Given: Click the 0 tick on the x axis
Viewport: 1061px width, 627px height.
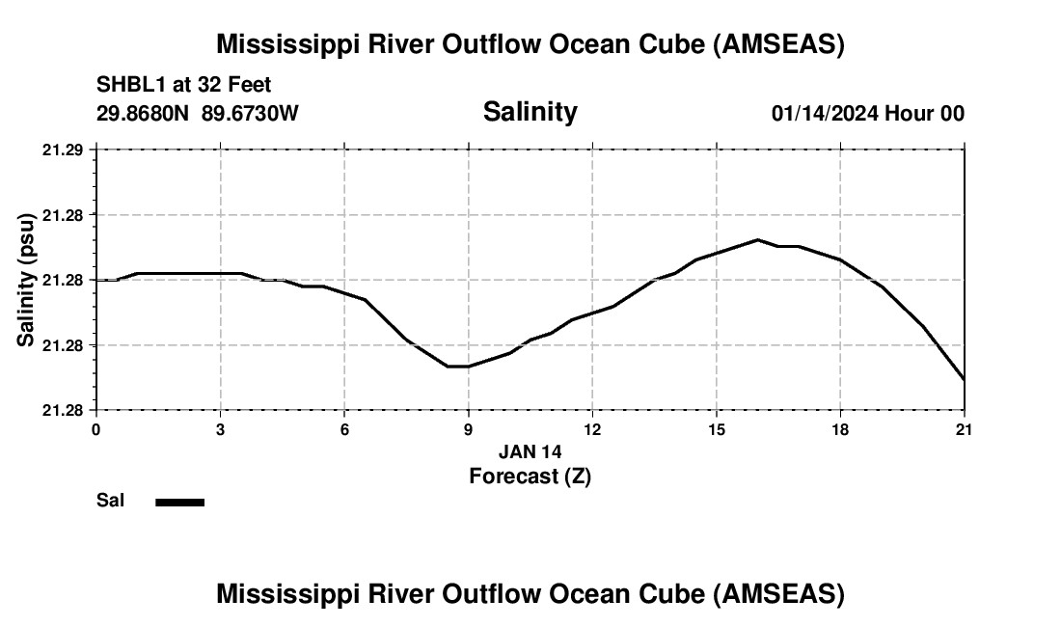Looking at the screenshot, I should [x=95, y=429].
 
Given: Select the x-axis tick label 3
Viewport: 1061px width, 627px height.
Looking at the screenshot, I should [x=220, y=429].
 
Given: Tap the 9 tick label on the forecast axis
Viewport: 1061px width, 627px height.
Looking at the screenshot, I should [x=468, y=429].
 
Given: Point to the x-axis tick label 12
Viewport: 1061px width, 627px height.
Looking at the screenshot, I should [x=592, y=429].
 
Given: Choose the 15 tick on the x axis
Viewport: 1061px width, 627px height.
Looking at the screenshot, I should [x=717, y=429].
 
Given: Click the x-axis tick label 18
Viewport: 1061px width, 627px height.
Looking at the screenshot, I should [x=840, y=429].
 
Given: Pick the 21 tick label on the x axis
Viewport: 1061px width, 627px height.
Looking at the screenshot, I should [x=964, y=429].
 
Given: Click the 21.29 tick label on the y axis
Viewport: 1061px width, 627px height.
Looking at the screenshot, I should [x=64, y=150].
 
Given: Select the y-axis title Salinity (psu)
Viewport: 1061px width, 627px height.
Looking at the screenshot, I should [x=26, y=280].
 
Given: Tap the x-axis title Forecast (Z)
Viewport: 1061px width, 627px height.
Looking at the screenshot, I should [x=530, y=476].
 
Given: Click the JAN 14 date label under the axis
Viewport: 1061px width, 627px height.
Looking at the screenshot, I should [x=530, y=451].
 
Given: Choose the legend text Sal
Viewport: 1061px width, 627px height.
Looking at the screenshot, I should [x=111, y=501].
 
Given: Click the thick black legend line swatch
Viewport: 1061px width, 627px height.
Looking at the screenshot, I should [x=180, y=502].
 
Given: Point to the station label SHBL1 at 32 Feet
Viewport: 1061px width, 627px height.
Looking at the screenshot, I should [x=184, y=86].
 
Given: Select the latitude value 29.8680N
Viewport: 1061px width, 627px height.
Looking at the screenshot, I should [x=144, y=114].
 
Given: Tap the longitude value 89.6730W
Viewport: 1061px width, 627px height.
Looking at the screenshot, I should [x=251, y=114].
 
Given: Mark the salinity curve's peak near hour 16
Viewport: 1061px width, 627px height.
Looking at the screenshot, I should [x=758, y=239].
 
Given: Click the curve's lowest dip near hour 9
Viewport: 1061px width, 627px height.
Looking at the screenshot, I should [x=458, y=367].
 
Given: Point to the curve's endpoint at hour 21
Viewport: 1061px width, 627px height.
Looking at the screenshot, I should [x=964, y=379].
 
